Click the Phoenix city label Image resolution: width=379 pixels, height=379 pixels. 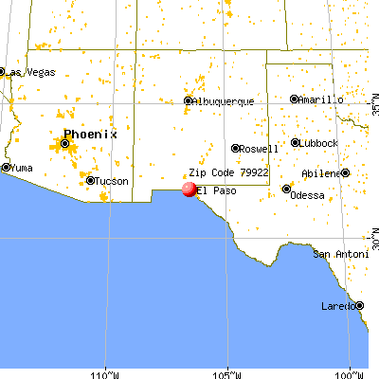[90, 135]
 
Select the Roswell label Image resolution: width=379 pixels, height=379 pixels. [260, 149]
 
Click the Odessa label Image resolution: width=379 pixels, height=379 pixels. [308, 195]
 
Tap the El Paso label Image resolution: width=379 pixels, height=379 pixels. [218, 190]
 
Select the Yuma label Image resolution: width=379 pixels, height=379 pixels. [21, 168]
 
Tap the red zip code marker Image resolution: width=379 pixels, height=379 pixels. [189, 189]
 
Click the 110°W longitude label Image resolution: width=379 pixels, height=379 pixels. [104, 370]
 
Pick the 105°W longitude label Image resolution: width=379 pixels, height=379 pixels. [226, 370]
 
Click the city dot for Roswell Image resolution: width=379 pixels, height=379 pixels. [235, 148]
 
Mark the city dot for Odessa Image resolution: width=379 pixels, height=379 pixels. [286, 189]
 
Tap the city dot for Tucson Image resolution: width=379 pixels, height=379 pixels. [91, 180]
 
